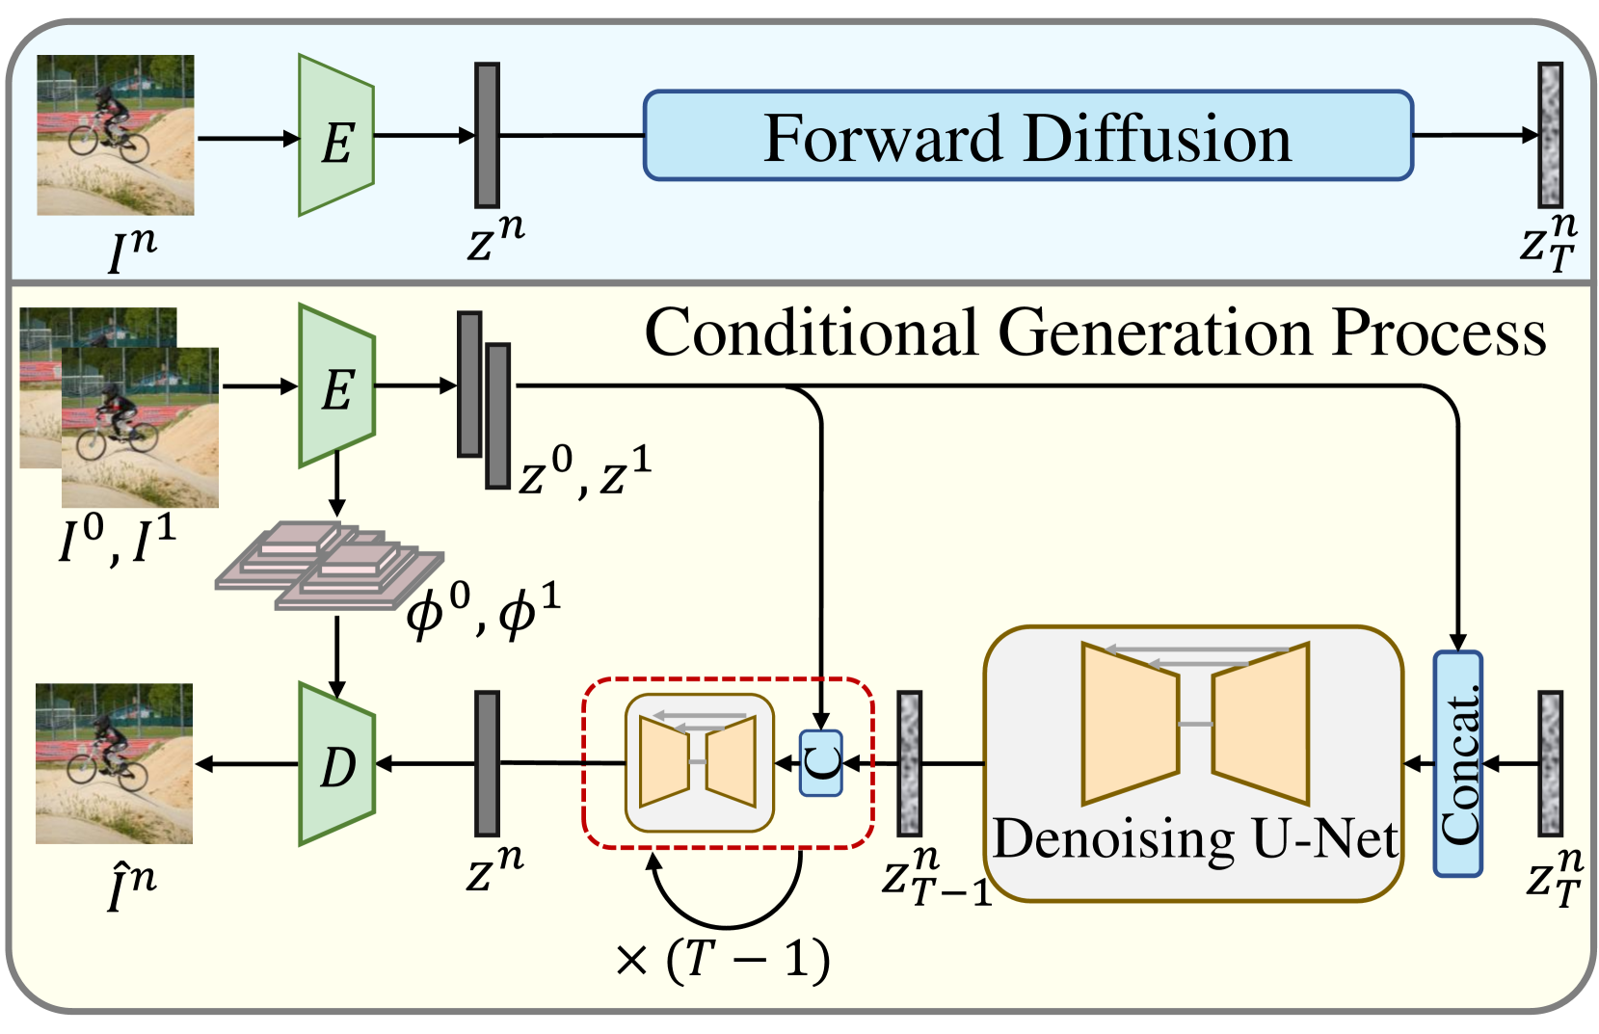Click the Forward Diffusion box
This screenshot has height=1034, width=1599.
point(1027,136)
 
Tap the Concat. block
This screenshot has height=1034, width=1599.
point(1457,763)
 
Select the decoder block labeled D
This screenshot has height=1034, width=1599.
point(336,764)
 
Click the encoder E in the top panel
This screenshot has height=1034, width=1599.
point(336,136)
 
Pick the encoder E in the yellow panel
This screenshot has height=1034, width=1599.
point(336,386)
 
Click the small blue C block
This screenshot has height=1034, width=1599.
point(821,763)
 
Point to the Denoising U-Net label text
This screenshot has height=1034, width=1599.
point(1195,839)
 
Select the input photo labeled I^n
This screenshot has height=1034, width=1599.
point(116,135)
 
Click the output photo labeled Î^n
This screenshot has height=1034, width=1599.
point(115,763)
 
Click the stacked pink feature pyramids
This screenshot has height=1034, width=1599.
point(328,566)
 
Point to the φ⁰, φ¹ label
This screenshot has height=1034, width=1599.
point(483,611)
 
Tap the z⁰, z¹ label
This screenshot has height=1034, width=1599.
point(584,472)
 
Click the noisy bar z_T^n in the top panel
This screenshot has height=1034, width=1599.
point(1550,135)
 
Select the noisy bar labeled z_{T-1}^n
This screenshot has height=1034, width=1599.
point(909,763)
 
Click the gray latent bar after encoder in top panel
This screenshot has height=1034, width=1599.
point(487,135)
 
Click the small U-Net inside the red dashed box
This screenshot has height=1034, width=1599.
point(699,762)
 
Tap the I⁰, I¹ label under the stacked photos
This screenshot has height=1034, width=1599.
point(117,541)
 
